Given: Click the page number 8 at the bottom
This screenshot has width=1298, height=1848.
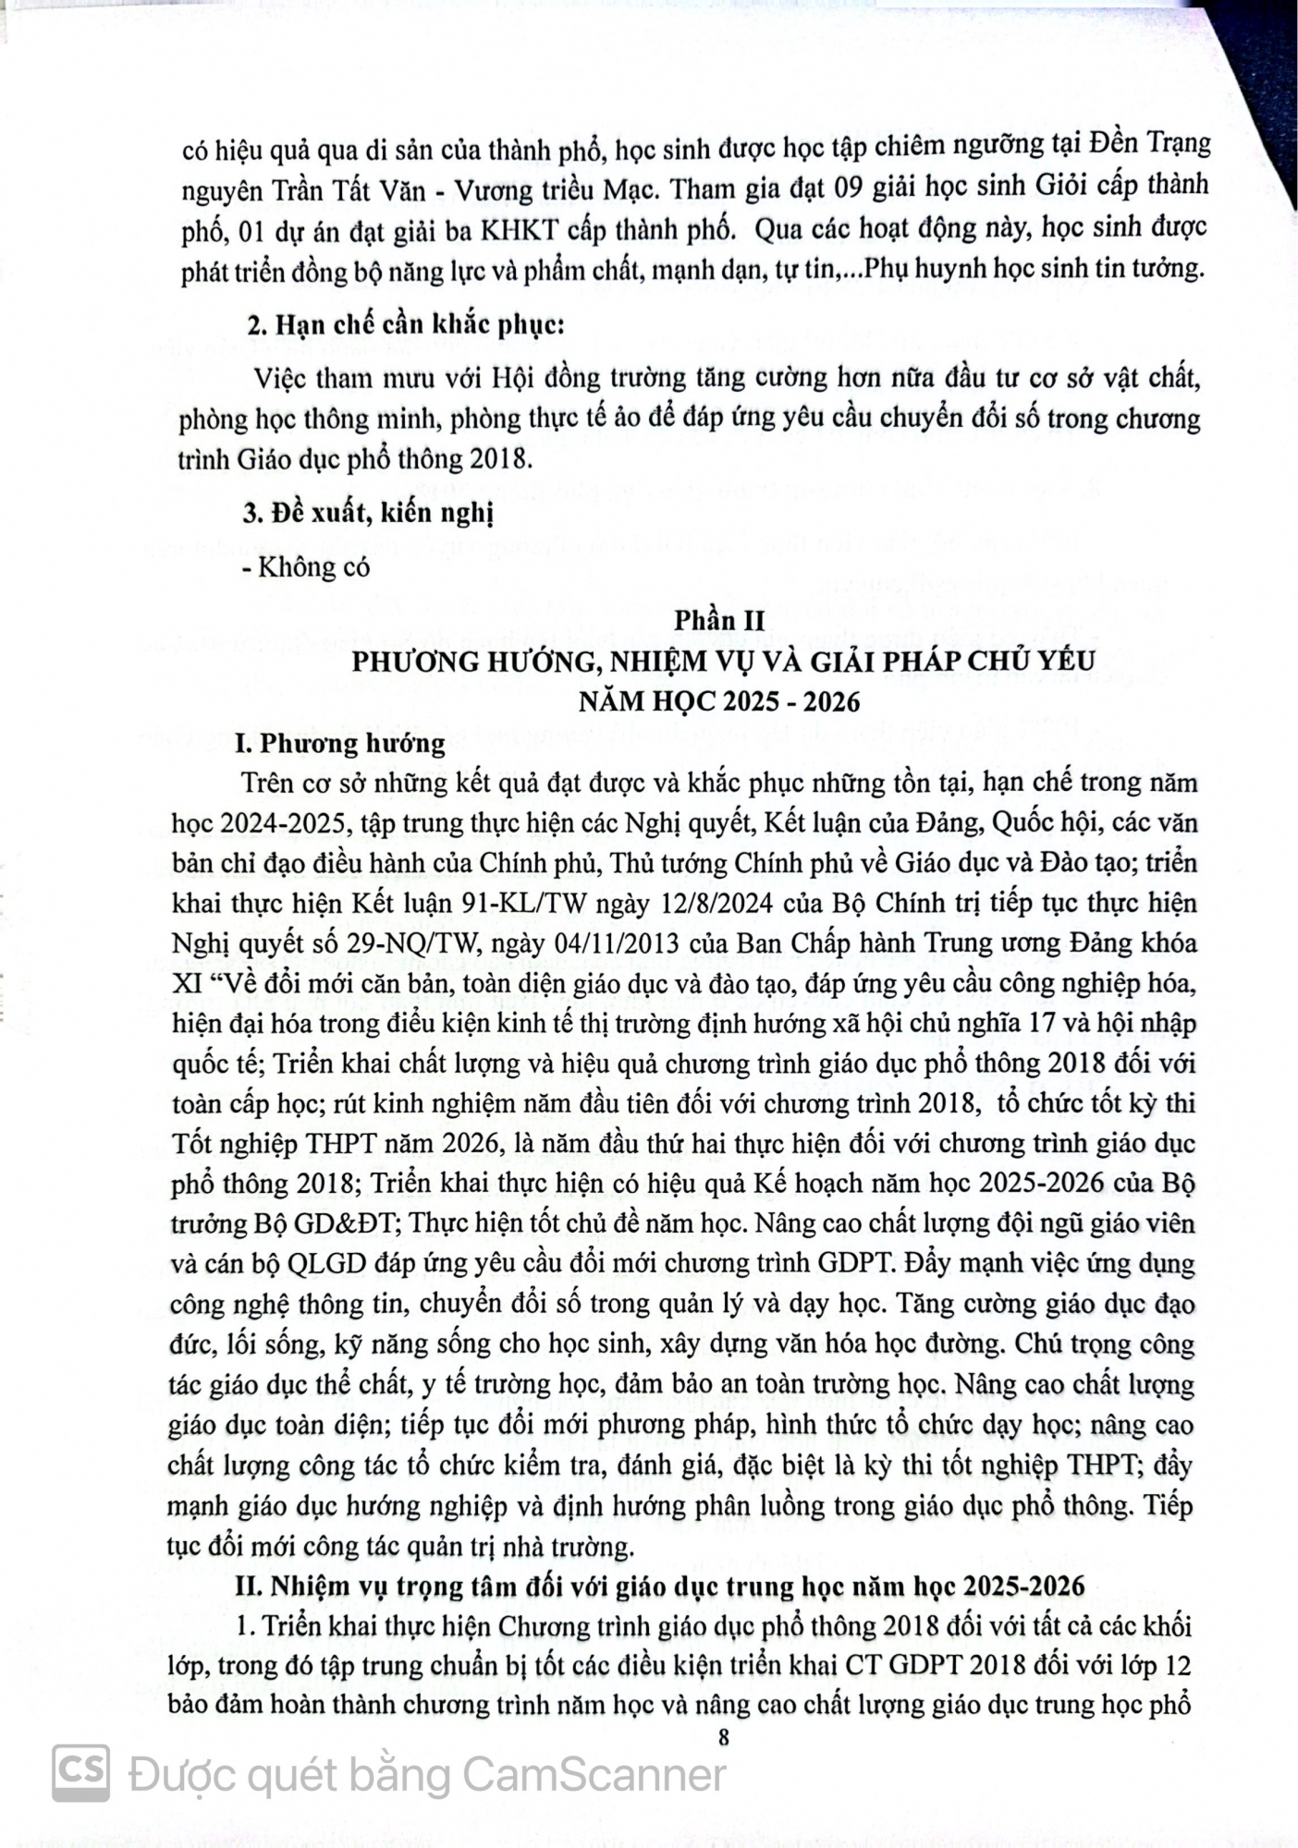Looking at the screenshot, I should (723, 1738).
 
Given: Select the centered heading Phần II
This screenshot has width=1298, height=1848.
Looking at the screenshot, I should (719, 621).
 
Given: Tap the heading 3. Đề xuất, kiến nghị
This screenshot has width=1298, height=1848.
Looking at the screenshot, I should (368, 513).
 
